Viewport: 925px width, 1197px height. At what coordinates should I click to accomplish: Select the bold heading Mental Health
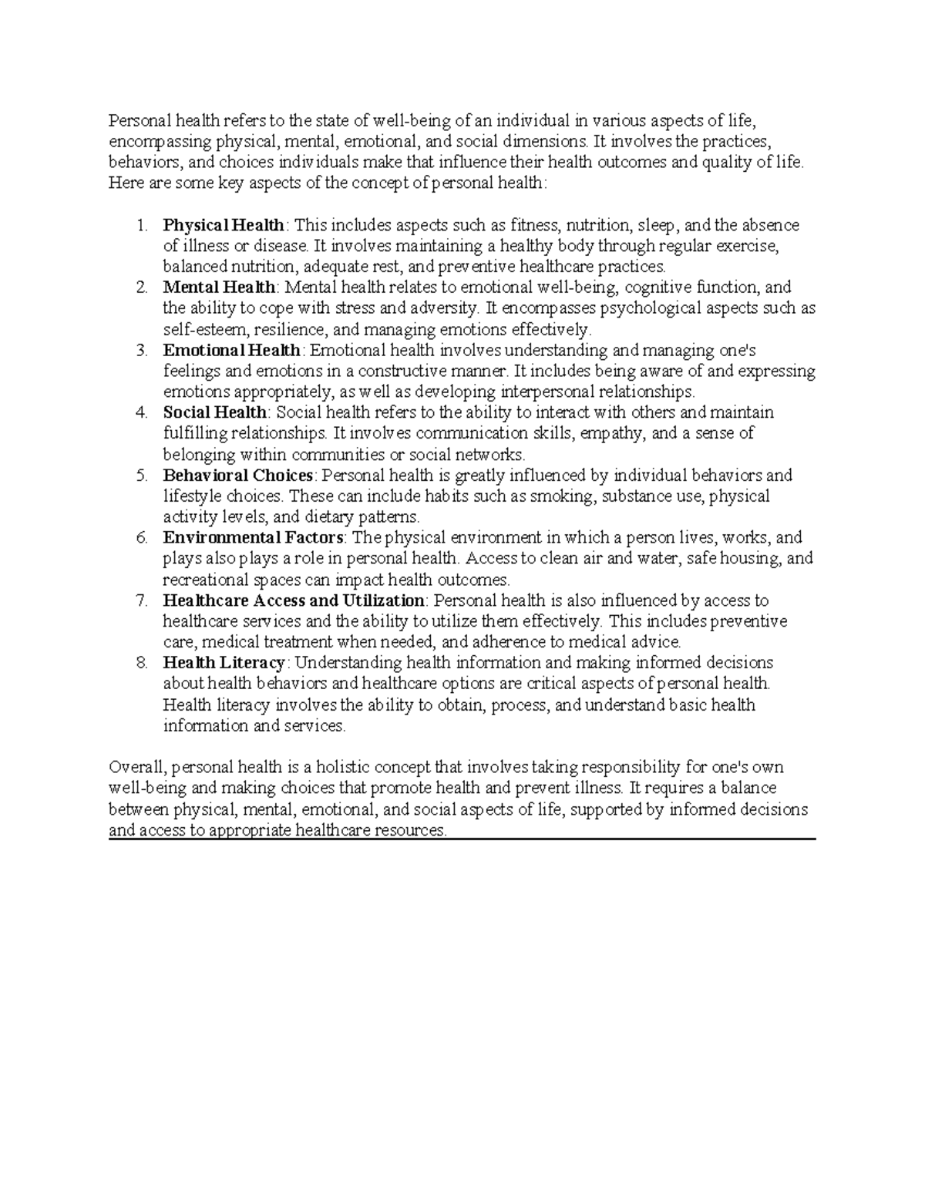(219, 288)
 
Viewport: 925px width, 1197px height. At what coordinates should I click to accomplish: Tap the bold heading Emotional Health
(231, 351)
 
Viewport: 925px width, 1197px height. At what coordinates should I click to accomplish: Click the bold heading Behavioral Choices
(238, 476)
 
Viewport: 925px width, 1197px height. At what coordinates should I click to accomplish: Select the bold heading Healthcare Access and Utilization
(294, 600)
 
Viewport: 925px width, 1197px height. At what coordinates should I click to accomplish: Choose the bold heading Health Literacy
(224, 663)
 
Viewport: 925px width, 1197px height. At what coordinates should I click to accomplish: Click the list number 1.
(140, 226)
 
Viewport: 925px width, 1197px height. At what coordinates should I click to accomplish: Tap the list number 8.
(140, 663)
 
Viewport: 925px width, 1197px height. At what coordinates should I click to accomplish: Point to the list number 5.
(140, 476)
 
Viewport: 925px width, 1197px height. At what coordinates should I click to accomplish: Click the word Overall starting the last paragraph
(136, 768)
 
